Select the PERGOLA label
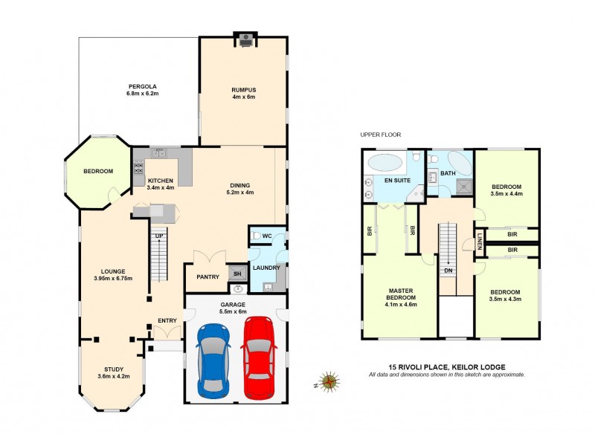click(x=140, y=86)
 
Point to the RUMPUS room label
click(x=243, y=89)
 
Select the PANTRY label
click(x=208, y=277)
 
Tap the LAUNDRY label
click(x=266, y=267)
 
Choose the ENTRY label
click(x=167, y=320)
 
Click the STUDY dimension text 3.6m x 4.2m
click(x=114, y=377)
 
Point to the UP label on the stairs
click(x=158, y=236)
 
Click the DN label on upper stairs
click(x=448, y=271)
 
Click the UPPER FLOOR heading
click(x=380, y=135)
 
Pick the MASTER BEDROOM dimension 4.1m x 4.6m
click(x=399, y=304)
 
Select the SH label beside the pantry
click(x=237, y=273)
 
